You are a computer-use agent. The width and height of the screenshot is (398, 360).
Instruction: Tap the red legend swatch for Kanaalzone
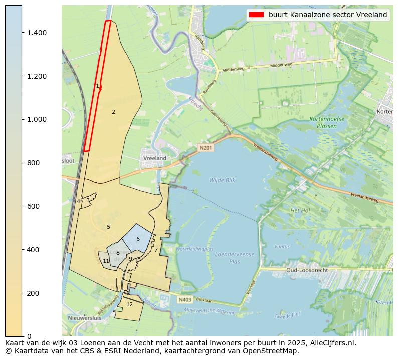256,15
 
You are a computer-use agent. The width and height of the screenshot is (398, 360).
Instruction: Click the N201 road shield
205,148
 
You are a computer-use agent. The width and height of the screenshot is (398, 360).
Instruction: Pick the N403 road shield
184,300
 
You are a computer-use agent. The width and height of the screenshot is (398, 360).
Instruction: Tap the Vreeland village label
155,158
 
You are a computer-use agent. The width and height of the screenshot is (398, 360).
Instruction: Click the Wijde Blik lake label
222,180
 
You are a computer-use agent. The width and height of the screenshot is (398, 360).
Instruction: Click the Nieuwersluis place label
84,318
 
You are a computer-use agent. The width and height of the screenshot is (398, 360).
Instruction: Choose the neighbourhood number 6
138,239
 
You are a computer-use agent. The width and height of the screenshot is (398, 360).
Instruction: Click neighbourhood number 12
129,304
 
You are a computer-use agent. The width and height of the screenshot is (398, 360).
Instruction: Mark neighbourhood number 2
113,112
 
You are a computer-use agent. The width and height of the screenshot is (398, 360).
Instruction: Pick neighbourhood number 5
108,227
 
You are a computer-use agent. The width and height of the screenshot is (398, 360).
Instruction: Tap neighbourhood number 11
106,261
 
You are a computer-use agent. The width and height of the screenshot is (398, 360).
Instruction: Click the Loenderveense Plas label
234,258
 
